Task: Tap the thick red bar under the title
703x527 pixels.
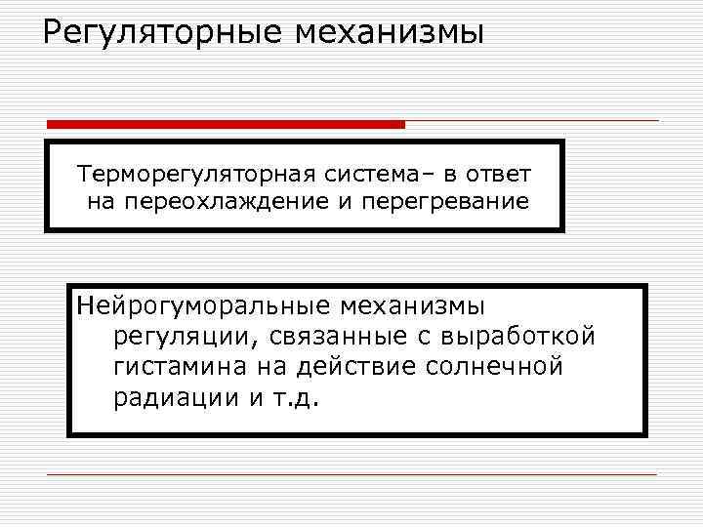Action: pyautogui.click(x=226, y=125)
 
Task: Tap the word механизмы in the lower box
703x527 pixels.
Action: pyautogui.click(x=411, y=307)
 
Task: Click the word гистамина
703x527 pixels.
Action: pyautogui.click(x=175, y=368)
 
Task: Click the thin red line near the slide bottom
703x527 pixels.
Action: pyautogui.click(x=351, y=474)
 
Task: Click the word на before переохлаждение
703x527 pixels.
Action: pyautogui.click(x=101, y=202)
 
